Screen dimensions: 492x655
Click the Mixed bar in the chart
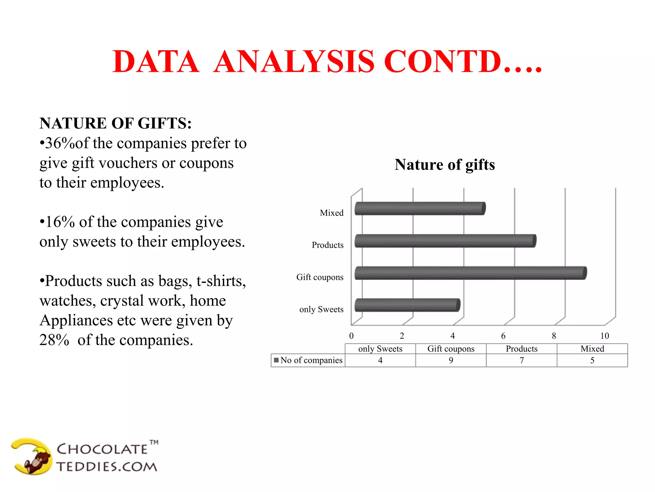[420, 209]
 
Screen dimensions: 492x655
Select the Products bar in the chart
[445, 241]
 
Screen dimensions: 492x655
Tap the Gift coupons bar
[470, 273]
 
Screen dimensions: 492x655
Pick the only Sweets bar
[407, 305]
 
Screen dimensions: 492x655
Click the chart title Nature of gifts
[445, 165]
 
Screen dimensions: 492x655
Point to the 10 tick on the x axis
[604, 336]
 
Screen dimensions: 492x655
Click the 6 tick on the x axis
[503, 336]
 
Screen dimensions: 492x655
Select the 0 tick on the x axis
[351, 336]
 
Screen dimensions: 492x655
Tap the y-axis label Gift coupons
[320, 277]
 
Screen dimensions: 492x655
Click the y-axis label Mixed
[332, 213]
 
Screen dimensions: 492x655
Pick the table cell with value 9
[451, 360]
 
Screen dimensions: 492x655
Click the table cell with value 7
[522, 360]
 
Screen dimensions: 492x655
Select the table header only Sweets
[380, 349]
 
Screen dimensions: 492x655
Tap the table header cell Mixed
[592, 349]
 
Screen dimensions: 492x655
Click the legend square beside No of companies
[276, 360]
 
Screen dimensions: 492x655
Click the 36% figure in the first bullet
[60, 143]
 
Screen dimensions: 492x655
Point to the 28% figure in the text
[54, 340]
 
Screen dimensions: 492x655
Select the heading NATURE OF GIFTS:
[115, 123]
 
